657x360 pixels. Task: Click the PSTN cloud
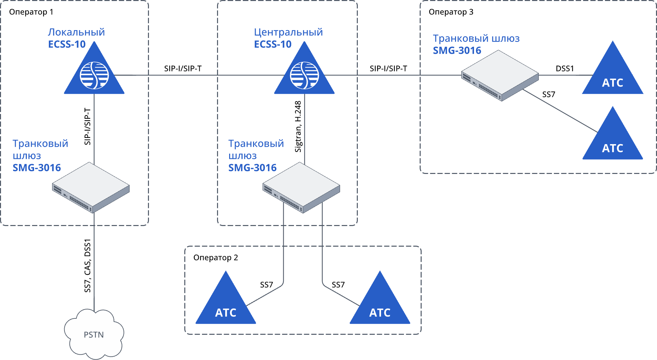tap(94, 334)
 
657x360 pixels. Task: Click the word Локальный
tap(76, 32)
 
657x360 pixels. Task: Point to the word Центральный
tap(288, 32)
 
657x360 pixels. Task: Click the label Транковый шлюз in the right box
tap(476, 38)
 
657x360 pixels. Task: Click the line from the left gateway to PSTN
tap(94, 262)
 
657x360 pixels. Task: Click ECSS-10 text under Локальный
tap(67, 44)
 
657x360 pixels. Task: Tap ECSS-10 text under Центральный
tap(273, 44)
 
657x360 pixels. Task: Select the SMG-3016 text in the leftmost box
tap(37, 168)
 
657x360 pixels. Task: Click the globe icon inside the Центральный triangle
tap(304, 75)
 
